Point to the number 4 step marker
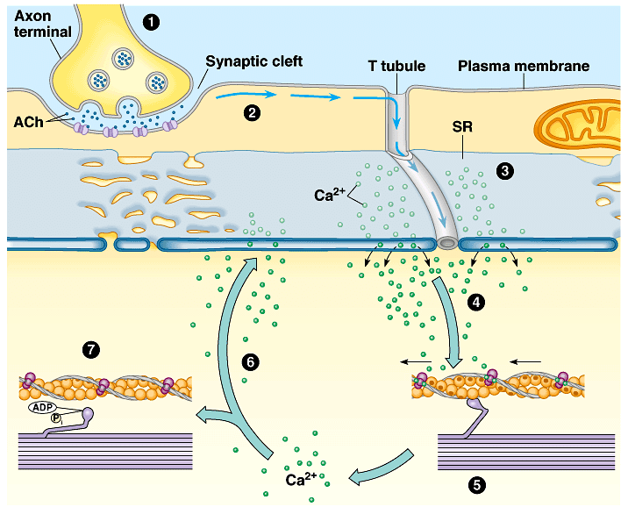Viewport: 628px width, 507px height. point(476,303)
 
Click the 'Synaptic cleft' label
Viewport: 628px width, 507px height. point(253,62)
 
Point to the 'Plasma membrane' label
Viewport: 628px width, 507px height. point(525,66)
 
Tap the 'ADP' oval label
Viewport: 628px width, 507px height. point(40,407)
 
